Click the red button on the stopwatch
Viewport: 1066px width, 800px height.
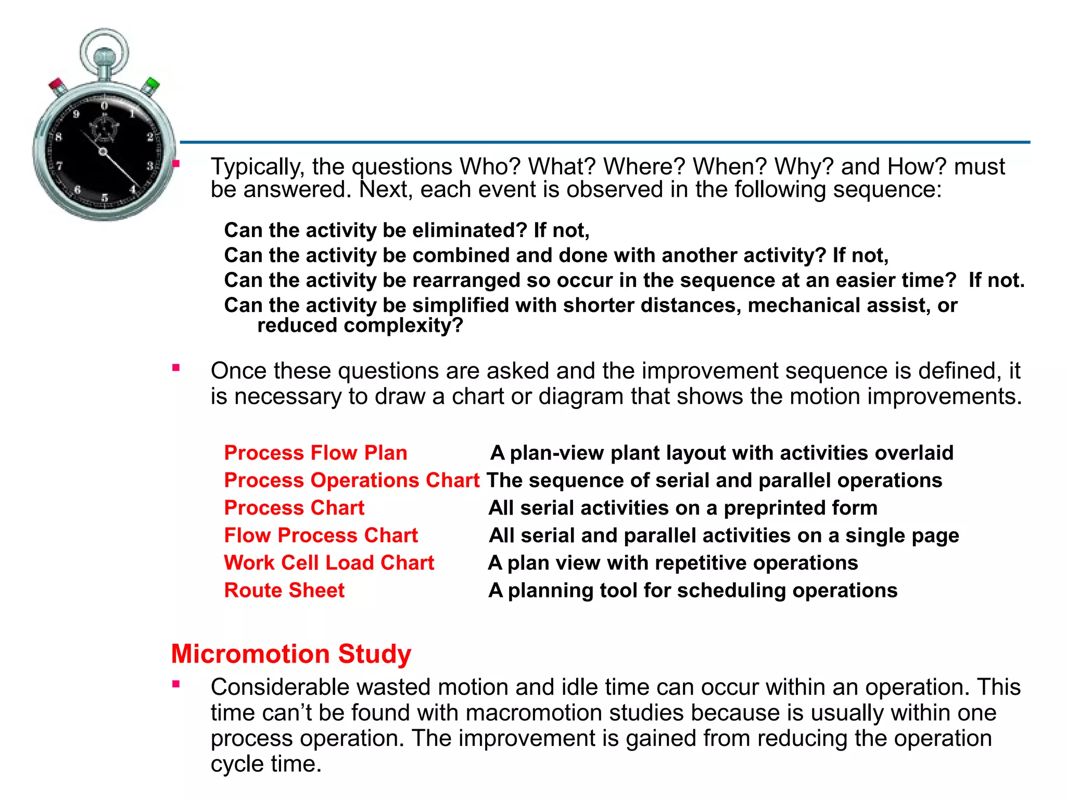(x=56, y=84)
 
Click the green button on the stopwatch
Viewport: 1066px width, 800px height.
(x=153, y=83)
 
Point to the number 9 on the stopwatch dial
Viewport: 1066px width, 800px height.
(x=77, y=114)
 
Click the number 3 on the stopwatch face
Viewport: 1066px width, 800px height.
(x=149, y=166)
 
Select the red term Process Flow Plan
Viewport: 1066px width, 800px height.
(x=315, y=453)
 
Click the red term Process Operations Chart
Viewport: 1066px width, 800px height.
(x=351, y=480)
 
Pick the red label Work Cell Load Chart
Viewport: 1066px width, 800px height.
(x=329, y=562)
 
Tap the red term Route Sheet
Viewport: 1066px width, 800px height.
(x=284, y=590)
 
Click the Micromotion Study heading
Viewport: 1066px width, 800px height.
(x=291, y=654)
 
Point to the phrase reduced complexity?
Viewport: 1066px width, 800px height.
(x=360, y=326)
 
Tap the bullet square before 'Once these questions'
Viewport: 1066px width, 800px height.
(x=176, y=368)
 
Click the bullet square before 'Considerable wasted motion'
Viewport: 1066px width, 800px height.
(x=176, y=684)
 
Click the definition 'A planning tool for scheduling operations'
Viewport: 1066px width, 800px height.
(x=693, y=590)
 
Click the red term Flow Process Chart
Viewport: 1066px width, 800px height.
(x=321, y=535)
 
